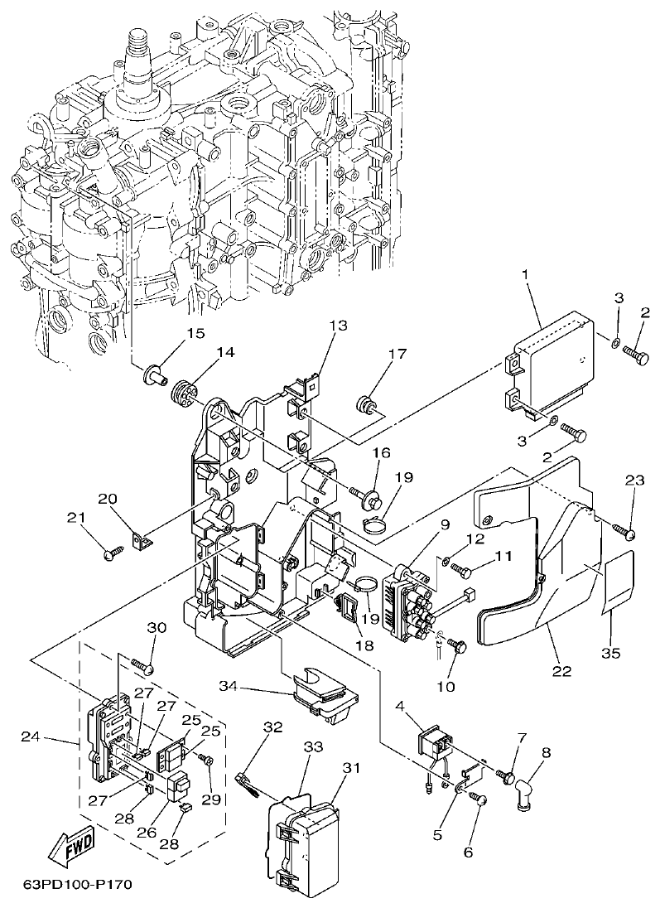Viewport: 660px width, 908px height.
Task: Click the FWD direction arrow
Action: pyautogui.click(x=71, y=846)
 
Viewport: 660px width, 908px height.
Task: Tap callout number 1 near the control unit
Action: pyautogui.click(x=524, y=274)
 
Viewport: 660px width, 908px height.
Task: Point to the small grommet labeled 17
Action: pyautogui.click(x=364, y=404)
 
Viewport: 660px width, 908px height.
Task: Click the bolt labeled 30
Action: pyautogui.click(x=142, y=664)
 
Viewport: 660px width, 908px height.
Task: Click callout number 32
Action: pyautogui.click(x=273, y=727)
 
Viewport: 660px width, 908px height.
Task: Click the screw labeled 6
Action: pyautogui.click(x=479, y=799)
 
